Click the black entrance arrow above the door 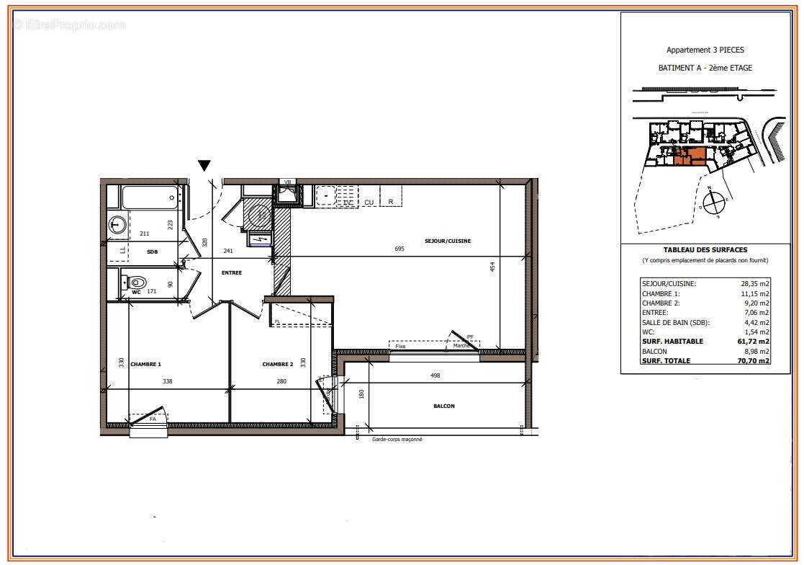[204, 166]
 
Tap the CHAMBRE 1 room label [145, 364]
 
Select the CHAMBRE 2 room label [277, 364]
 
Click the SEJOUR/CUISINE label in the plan [447, 241]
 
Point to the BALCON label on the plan [443, 406]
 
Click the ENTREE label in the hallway [232, 272]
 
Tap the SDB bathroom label [153, 252]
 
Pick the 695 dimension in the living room [399, 249]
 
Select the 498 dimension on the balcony [435, 375]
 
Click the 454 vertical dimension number [492, 267]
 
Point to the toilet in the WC [137, 282]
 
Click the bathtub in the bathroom [150, 196]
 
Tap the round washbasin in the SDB [117, 225]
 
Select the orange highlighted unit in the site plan [690, 156]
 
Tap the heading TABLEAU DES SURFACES [705, 249]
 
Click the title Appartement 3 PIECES [705, 50]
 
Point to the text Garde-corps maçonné [397, 439]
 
